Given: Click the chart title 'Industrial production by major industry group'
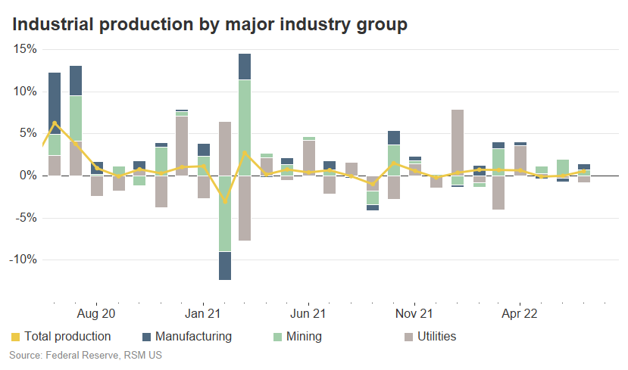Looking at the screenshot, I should [x=210, y=24].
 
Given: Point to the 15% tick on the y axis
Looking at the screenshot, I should [x=26, y=49].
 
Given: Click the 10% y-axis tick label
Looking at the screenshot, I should [x=26, y=92].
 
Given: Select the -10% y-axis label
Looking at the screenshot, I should [x=23, y=260].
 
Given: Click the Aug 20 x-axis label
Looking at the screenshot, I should [x=97, y=313].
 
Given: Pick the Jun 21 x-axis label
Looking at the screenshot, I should [x=308, y=313].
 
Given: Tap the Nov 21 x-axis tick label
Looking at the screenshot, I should [x=414, y=313].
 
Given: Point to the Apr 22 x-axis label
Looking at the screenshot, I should [x=520, y=313].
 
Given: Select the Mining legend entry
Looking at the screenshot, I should [x=296, y=336].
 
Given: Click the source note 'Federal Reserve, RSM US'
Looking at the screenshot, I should [x=86, y=354].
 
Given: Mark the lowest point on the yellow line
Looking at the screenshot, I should [x=225, y=202].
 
